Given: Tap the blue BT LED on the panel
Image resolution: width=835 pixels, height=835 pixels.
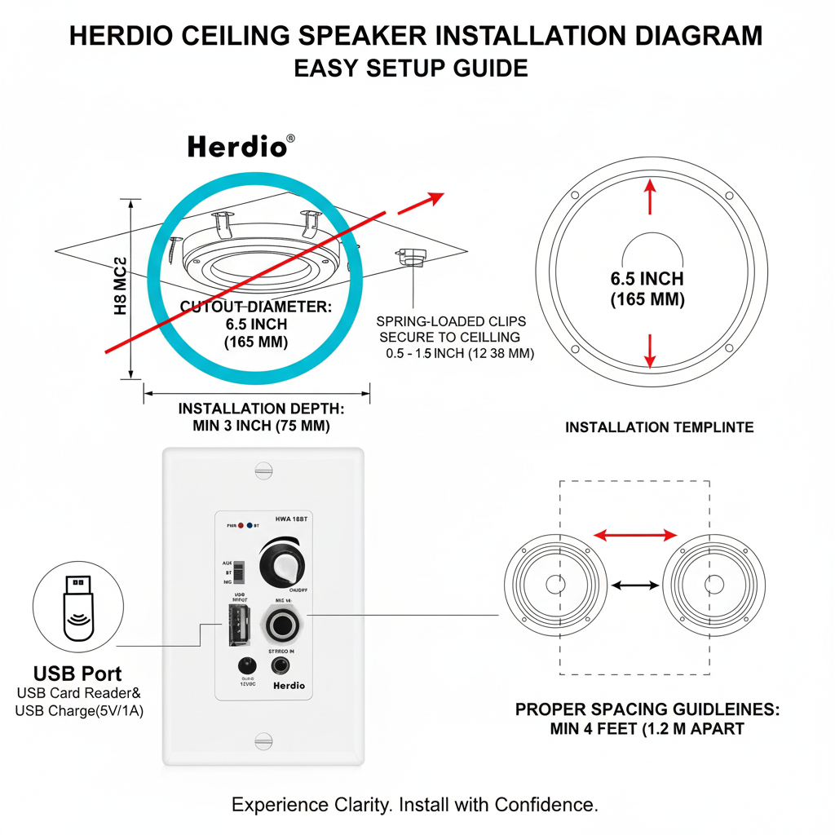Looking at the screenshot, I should coord(249,526).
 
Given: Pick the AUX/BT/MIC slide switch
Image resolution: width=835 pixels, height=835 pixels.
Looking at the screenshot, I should coord(239,573).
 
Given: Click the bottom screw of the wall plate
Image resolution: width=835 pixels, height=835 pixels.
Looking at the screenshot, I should coord(263,740).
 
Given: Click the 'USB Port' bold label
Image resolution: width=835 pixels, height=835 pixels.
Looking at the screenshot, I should coord(77,674).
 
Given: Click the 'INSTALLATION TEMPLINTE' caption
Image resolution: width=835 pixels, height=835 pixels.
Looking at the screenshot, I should coord(659,427).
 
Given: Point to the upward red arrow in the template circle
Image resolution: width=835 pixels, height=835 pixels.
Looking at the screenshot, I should coord(650,197).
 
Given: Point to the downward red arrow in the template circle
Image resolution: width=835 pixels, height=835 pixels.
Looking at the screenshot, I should coord(650,350).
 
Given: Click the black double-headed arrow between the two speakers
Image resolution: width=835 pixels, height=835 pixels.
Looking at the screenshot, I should coord(635,585).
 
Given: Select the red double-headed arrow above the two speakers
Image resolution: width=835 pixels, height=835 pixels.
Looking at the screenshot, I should coord(635,535).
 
